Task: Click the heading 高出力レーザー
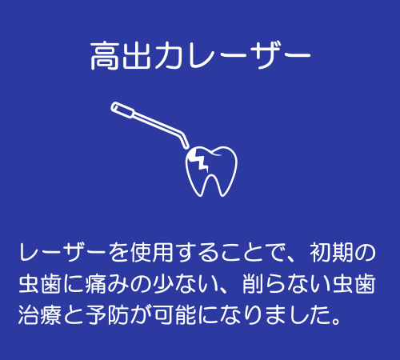coord(200,58)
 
